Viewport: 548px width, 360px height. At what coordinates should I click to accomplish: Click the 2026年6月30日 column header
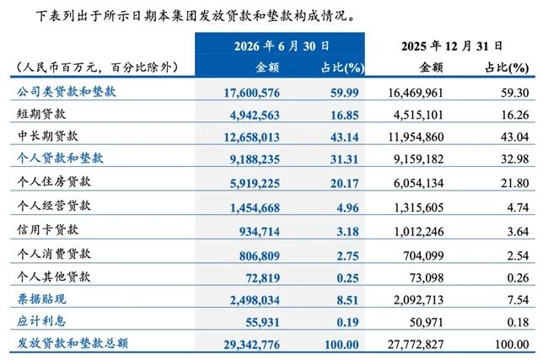pyautogui.click(x=282, y=46)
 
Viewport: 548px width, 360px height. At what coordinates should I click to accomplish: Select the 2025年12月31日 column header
pyautogui.click(x=452, y=46)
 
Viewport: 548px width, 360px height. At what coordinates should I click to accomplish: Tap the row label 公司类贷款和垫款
pyautogui.click(x=67, y=92)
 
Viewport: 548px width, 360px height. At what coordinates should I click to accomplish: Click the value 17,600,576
pyautogui.click(x=251, y=93)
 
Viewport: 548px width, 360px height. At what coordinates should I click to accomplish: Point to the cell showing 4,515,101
pyautogui.click(x=418, y=115)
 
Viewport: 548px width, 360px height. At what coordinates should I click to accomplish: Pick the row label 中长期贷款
pyautogui.click(x=48, y=136)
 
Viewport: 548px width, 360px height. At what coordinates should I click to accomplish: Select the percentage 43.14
pyautogui.click(x=345, y=137)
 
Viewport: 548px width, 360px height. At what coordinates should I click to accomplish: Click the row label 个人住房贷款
pyautogui.click(x=54, y=181)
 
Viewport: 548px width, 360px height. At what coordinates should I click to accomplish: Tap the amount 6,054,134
pyautogui.click(x=418, y=183)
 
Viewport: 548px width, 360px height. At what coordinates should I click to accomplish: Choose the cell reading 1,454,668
pyautogui.click(x=255, y=208)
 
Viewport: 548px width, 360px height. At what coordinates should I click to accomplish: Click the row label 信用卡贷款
pyautogui.click(x=48, y=229)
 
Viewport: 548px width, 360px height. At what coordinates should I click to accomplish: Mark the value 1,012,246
pyautogui.click(x=419, y=231)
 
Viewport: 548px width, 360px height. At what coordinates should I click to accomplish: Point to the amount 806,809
pyautogui.click(x=260, y=255)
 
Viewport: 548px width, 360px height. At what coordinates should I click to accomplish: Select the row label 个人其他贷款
pyautogui.click(x=54, y=277)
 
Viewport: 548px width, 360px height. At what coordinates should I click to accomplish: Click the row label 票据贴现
pyautogui.click(x=41, y=298)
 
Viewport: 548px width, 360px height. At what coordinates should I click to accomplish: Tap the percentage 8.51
pyautogui.click(x=347, y=300)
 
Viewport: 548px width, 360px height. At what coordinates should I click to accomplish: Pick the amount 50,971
pyautogui.click(x=427, y=322)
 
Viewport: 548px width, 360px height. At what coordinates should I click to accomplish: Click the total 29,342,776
pyautogui.click(x=251, y=345)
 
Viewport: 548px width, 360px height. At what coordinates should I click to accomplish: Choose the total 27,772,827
pyautogui.click(x=416, y=345)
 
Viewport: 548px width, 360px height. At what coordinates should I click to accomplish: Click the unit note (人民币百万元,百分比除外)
pyautogui.click(x=95, y=67)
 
